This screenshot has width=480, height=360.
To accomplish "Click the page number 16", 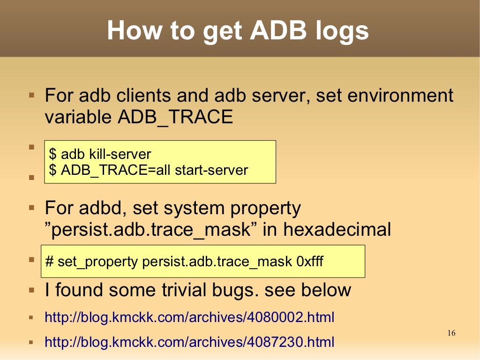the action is point(451,333).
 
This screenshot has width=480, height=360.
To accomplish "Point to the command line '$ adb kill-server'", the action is point(100,154).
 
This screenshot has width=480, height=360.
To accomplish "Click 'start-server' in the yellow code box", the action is point(211,170).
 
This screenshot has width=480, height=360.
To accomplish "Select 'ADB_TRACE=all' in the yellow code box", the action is point(116,170).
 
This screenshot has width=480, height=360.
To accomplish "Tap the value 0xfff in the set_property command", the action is point(310,261).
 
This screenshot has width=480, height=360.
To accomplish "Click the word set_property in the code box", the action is point(97,262).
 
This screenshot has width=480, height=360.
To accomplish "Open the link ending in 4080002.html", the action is point(189,317).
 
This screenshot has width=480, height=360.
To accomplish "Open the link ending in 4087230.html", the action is point(189,342).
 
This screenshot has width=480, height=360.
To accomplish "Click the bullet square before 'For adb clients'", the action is point(31,95).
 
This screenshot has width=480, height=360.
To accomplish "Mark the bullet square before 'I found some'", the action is point(31,290).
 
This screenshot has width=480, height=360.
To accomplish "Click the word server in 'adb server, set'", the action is point(280,96).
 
